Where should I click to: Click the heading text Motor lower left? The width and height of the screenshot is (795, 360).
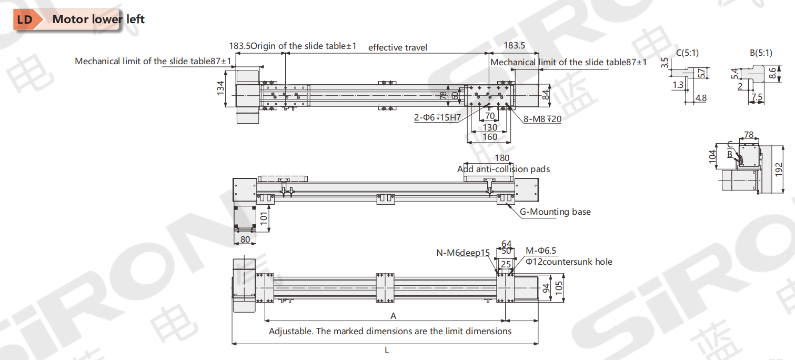[98, 19]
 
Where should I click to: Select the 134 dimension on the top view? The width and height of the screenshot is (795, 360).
[220, 88]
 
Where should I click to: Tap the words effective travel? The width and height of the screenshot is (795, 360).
[398, 47]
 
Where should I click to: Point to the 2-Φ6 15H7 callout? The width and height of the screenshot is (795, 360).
[437, 117]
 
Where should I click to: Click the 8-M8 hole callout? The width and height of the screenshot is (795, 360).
[542, 119]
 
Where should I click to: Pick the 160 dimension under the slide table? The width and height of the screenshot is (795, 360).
[490, 137]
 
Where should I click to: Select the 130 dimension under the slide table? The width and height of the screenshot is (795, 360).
[490, 127]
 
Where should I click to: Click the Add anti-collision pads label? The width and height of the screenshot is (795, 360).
[504, 169]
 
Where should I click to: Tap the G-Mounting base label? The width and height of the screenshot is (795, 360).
[555, 212]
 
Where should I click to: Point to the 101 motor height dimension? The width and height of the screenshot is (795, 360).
[264, 218]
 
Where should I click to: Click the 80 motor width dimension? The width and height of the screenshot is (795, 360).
[245, 239]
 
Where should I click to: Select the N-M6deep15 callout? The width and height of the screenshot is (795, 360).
[463, 253]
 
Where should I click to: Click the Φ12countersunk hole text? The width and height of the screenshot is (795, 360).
[569, 262]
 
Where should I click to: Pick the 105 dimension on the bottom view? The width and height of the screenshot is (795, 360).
[559, 288]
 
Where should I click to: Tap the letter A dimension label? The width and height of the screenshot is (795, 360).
[393, 316]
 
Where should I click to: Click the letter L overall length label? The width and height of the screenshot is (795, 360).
[387, 350]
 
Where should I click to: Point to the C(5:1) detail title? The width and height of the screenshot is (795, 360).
[687, 53]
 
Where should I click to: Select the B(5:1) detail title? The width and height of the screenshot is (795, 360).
[761, 53]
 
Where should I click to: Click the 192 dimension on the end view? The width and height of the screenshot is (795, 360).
[779, 169]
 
